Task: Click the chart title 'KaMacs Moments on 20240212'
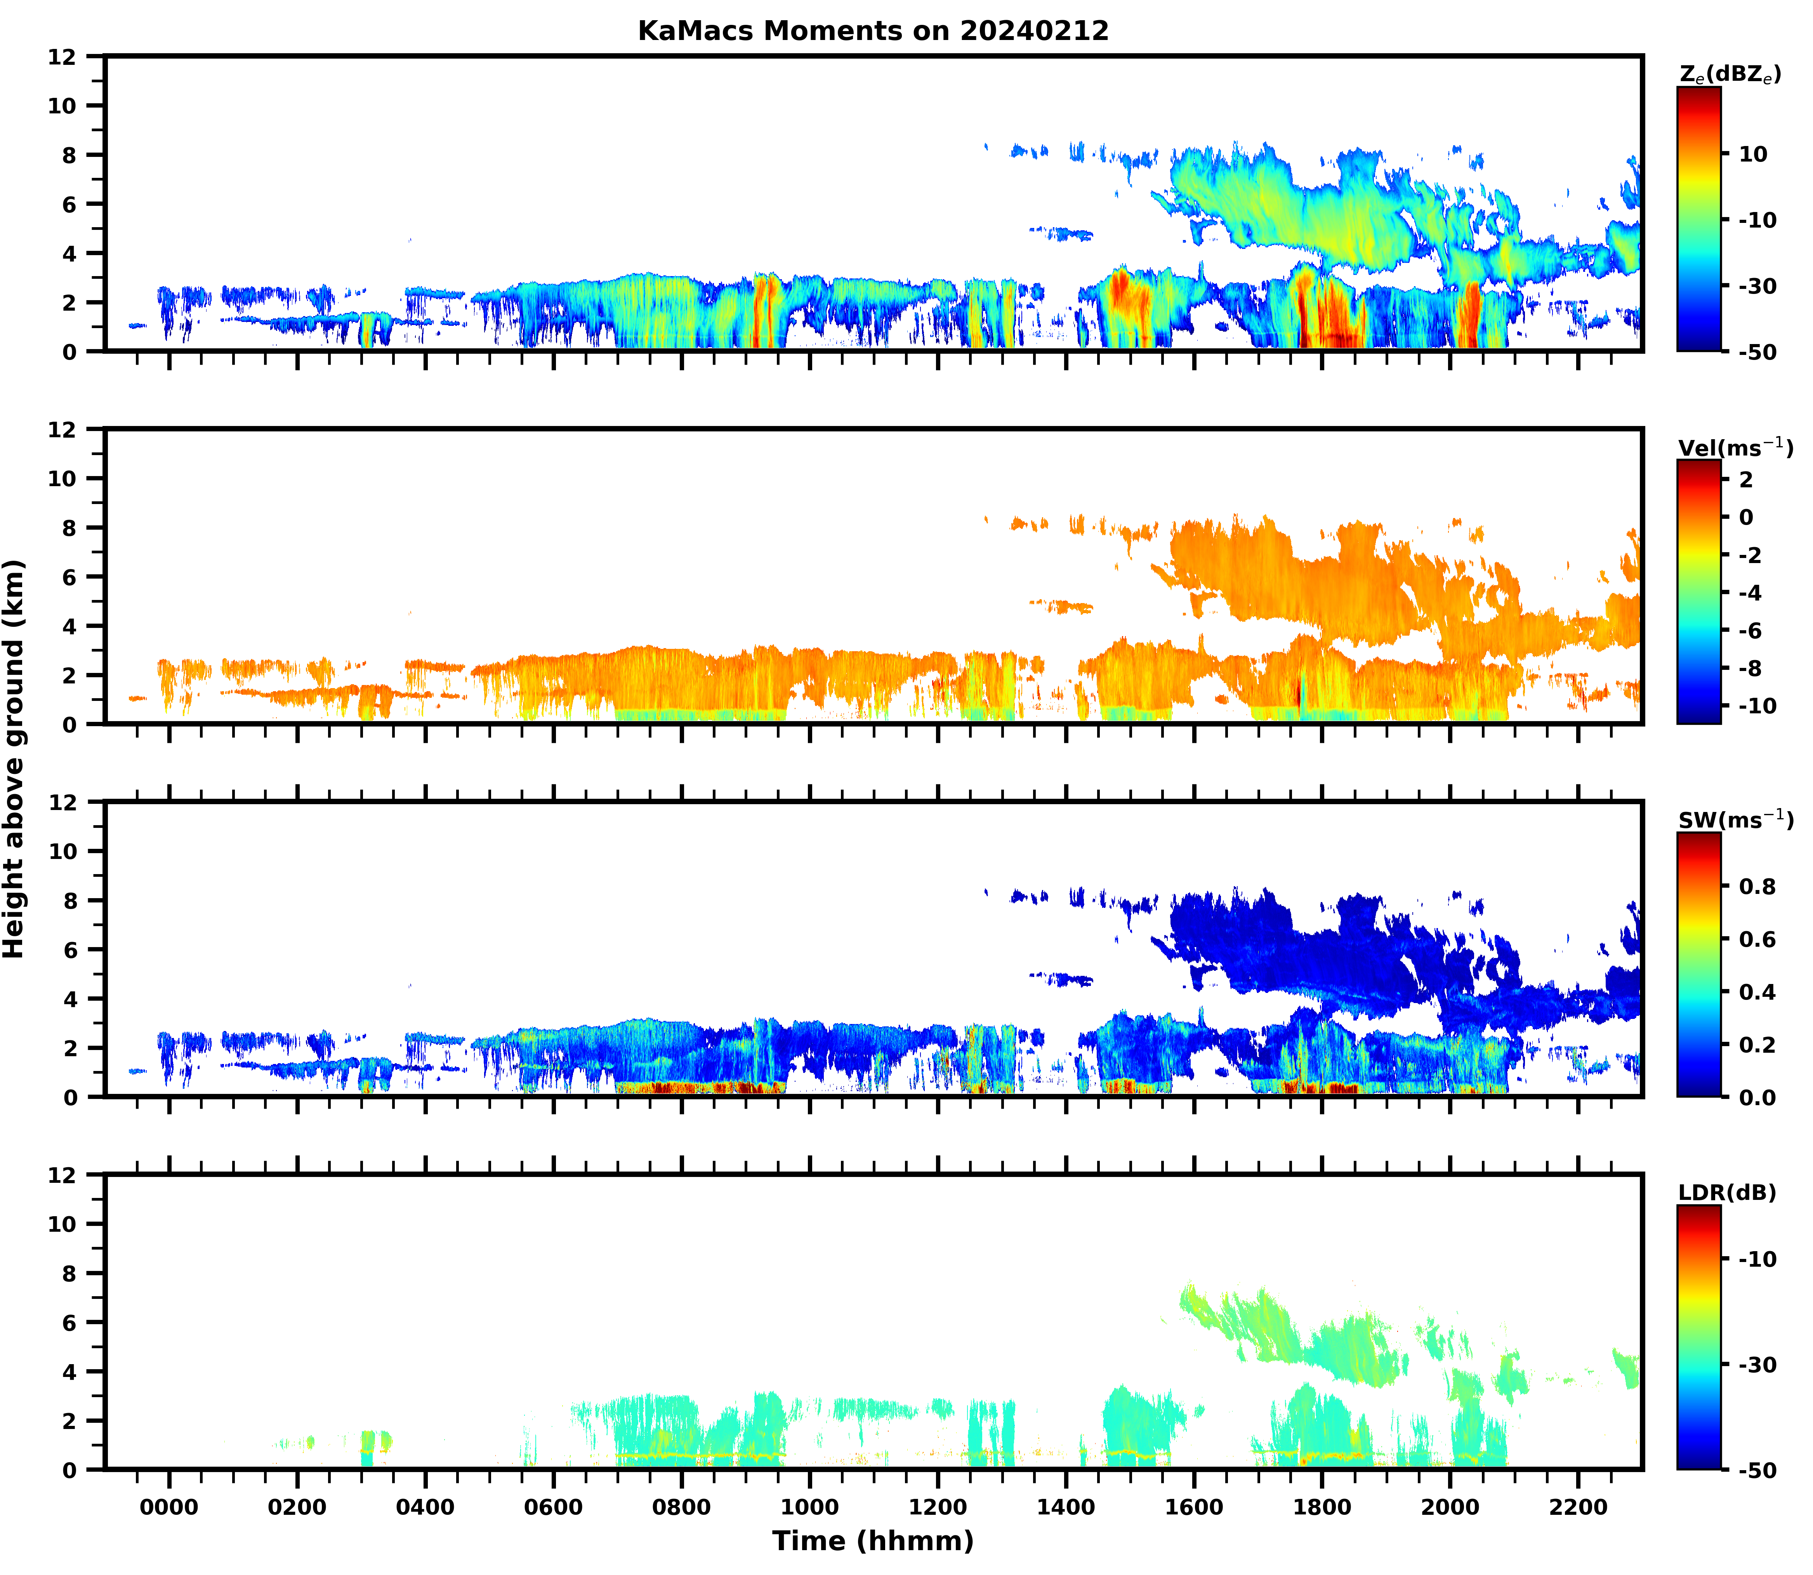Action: coord(873,31)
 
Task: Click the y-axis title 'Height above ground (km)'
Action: coord(14,758)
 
